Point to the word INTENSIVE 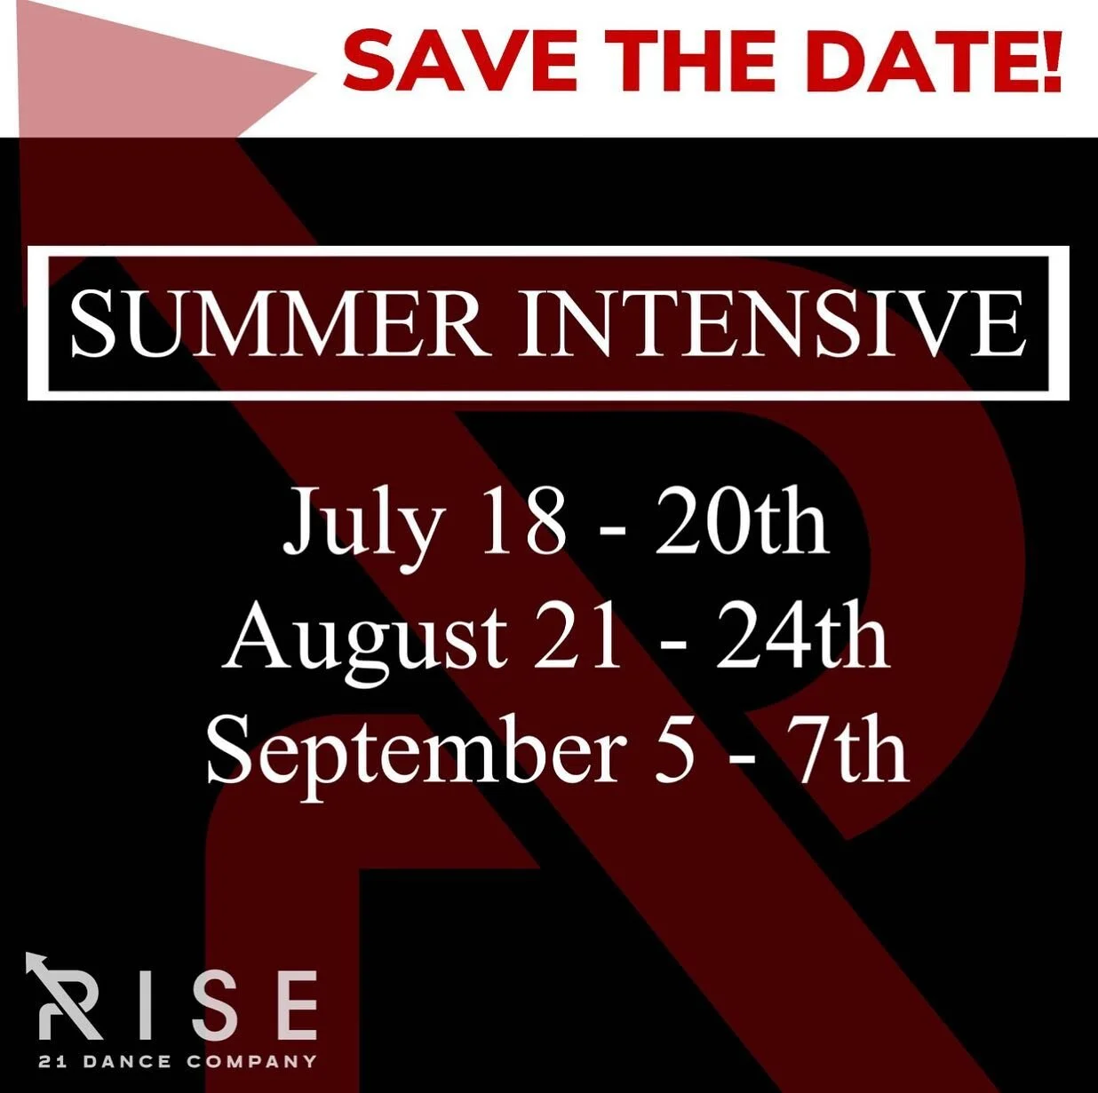(x=771, y=324)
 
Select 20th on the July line (x=741, y=521)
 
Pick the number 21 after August (x=579, y=637)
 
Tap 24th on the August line (x=802, y=637)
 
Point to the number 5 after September (x=674, y=753)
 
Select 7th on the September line (x=852, y=753)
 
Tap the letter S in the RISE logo (x=213, y=1005)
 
